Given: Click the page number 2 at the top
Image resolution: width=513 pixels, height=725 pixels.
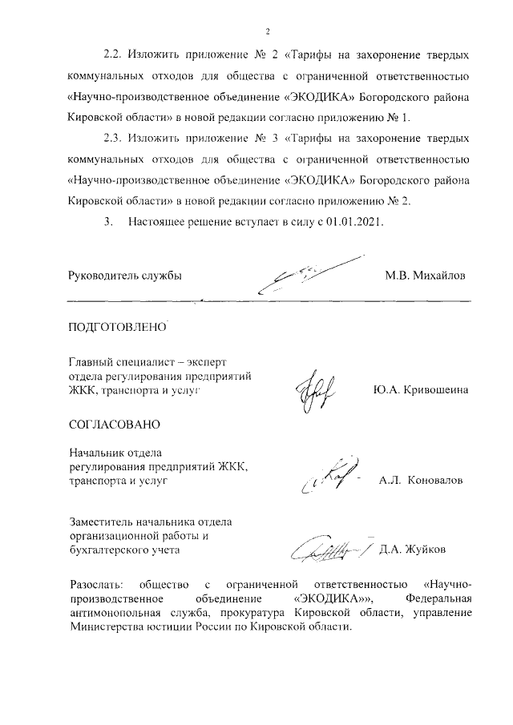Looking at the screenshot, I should point(268,31).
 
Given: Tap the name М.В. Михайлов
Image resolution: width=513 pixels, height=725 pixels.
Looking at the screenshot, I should point(424,276).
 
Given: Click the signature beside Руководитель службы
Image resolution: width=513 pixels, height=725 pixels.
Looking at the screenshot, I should point(309,275).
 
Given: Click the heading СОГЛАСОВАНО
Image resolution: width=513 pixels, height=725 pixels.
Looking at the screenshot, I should point(115,423).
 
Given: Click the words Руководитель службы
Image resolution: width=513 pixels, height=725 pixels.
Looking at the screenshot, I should point(126,276).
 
